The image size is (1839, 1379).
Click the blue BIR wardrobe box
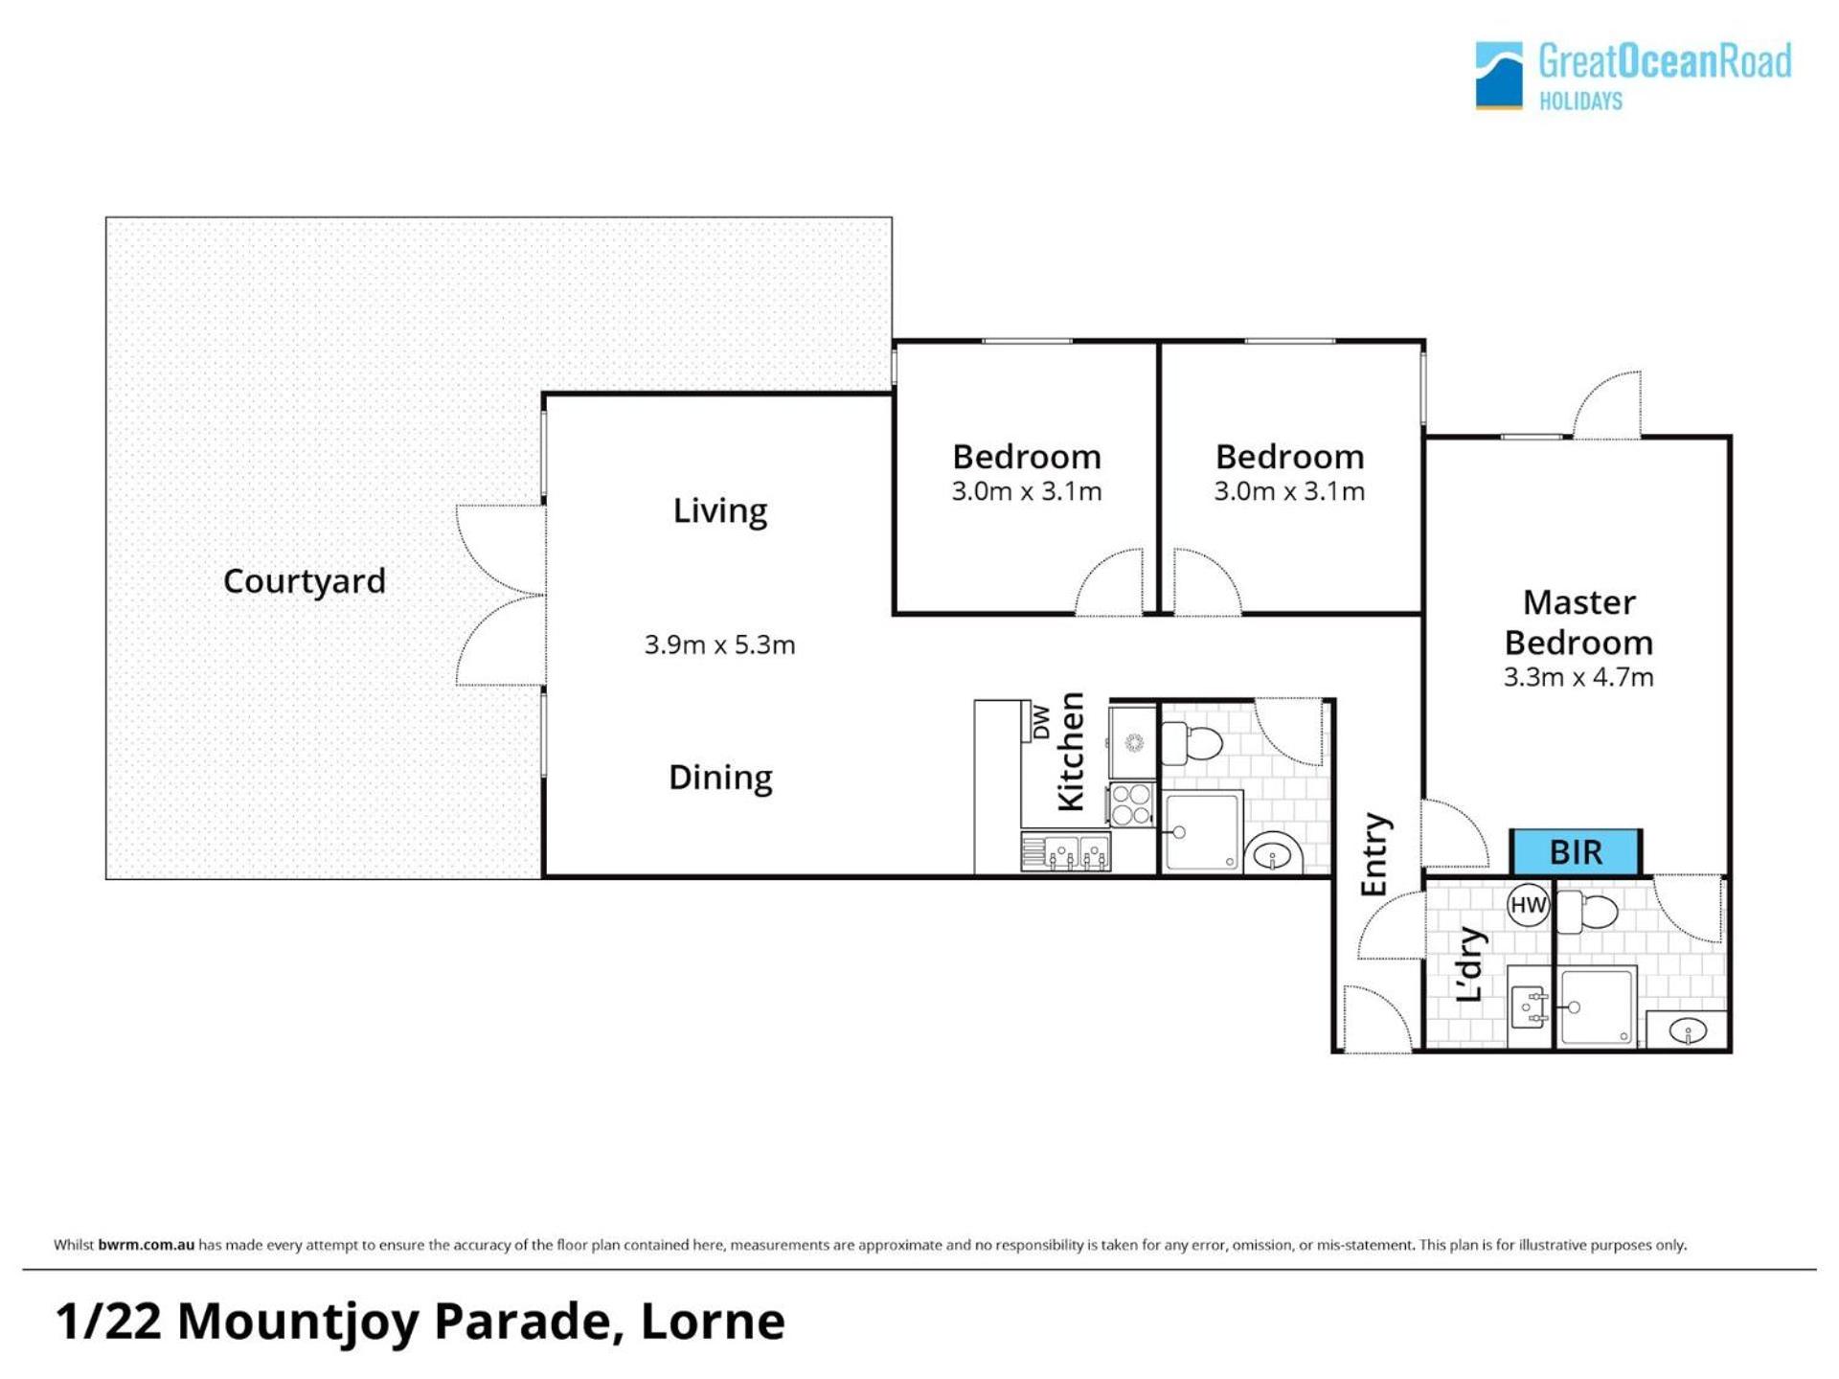[x=1576, y=851]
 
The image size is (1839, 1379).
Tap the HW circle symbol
[x=1528, y=905]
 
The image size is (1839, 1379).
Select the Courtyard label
[x=305, y=581]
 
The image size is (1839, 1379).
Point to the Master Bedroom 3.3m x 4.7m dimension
[x=1578, y=677]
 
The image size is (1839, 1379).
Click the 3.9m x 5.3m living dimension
[x=719, y=644]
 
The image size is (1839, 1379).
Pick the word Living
[x=720, y=511]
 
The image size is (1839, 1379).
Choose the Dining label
[x=720, y=778]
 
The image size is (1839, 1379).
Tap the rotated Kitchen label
[x=1071, y=752]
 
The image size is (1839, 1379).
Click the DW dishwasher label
[x=1041, y=722]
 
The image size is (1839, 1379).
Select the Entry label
[x=1374, y=855]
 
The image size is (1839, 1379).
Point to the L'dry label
[x=1469, y=964]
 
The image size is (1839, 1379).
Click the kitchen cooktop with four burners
[x=1131, y=803]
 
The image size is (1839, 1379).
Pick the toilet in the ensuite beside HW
[x=1586, y=912]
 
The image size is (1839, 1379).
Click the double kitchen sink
[x=1065, y=851]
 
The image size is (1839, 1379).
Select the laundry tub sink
[x=1528, y=1006]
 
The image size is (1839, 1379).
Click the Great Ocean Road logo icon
[x=1499, y=75]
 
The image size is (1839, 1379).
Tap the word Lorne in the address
[x=713, y=1322]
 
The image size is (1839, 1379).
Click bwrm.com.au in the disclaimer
[x=146, y=1245]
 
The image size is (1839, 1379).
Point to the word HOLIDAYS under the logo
[x=1580, y=101]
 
